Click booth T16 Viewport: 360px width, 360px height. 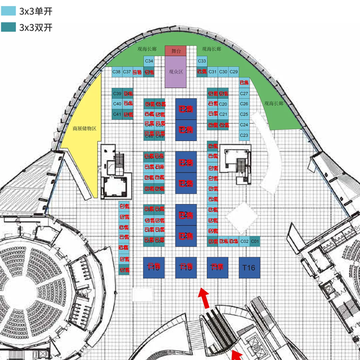[249, 267]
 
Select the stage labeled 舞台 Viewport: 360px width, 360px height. [176, 51]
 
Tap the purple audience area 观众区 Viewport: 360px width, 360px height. [176, 72]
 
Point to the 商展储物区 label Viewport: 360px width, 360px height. [84, 128]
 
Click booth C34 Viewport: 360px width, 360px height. [149, 61]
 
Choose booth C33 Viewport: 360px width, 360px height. [202, 61]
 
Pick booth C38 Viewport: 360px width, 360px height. [117, 72]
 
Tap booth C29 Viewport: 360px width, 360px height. [234, 72]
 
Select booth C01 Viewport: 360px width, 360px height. [255, 241]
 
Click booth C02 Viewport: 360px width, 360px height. [244, 241]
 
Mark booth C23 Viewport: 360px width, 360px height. [244, 135]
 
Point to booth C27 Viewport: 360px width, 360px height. [244, 94]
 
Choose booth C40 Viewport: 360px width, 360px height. [117, 104]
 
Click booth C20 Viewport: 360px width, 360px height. [223, 104]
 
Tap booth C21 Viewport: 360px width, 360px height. [223, 114]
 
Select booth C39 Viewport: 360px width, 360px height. [117, 93]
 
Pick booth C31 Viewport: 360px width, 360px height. [213, 72]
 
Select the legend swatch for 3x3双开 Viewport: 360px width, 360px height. [8, 27]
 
